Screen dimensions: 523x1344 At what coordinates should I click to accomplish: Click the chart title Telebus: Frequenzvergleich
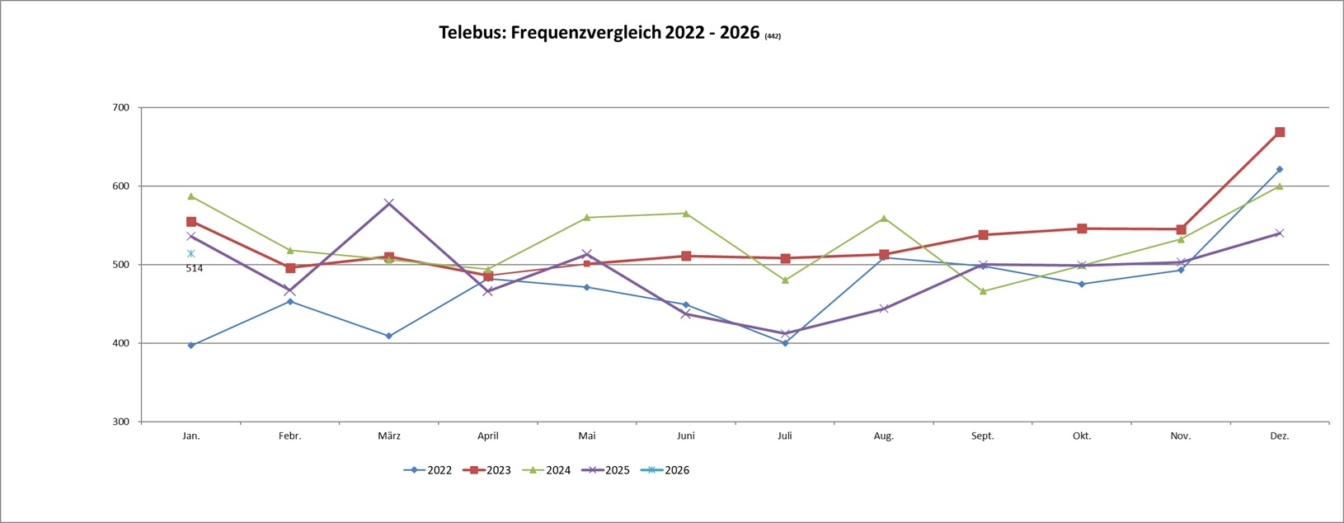599,33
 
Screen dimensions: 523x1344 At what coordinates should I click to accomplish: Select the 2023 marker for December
1280,132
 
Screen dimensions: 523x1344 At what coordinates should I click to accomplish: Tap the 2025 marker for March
389,203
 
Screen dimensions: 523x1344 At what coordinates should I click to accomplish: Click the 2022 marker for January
191,346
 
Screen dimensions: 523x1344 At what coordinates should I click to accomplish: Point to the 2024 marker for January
191,196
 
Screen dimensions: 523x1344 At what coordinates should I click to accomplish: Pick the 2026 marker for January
191,254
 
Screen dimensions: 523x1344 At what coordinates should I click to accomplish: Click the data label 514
195,268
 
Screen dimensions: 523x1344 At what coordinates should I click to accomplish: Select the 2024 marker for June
686,214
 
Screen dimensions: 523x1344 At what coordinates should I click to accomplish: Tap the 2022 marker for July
785,343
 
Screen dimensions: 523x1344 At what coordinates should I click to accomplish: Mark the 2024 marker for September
983,291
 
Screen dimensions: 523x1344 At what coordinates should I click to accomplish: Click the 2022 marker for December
1280,169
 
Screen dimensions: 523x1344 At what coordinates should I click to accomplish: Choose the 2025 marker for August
884,309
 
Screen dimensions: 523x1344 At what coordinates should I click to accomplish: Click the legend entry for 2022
428,470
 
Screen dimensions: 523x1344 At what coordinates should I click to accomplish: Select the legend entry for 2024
547,470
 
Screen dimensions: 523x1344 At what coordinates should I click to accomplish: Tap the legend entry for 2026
666,470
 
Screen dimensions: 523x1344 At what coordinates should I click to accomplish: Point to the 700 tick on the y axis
121,107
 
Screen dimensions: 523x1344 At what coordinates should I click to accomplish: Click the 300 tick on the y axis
121,422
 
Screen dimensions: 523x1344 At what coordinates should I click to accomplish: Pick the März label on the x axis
389,436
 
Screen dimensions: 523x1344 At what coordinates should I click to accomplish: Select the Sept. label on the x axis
983,436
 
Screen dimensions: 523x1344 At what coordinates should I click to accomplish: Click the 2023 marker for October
1082,229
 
